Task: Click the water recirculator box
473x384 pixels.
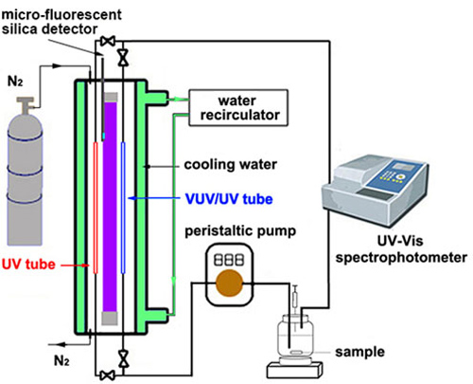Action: [238, 108]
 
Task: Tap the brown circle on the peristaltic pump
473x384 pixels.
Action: [229, 283]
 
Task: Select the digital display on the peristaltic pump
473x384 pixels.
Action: [229, 260]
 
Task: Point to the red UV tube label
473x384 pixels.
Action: [28, 265]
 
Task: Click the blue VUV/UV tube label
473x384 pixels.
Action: [229, 199]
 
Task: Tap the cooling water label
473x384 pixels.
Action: [231, 164]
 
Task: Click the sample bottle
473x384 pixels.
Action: [295, 338]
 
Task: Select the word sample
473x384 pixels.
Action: [359, 352]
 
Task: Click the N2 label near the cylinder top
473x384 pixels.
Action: [15, 82]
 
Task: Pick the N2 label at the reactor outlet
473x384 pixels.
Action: [61, 360]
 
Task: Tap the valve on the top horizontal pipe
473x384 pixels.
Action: [108, 41]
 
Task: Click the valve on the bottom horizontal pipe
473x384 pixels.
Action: [108, 375]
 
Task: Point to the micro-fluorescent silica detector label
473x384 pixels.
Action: [61, 22]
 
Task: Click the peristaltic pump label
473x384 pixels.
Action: [240, 231]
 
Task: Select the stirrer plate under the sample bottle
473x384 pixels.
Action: [295, 370]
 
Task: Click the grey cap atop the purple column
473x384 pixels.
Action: [110, 97]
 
